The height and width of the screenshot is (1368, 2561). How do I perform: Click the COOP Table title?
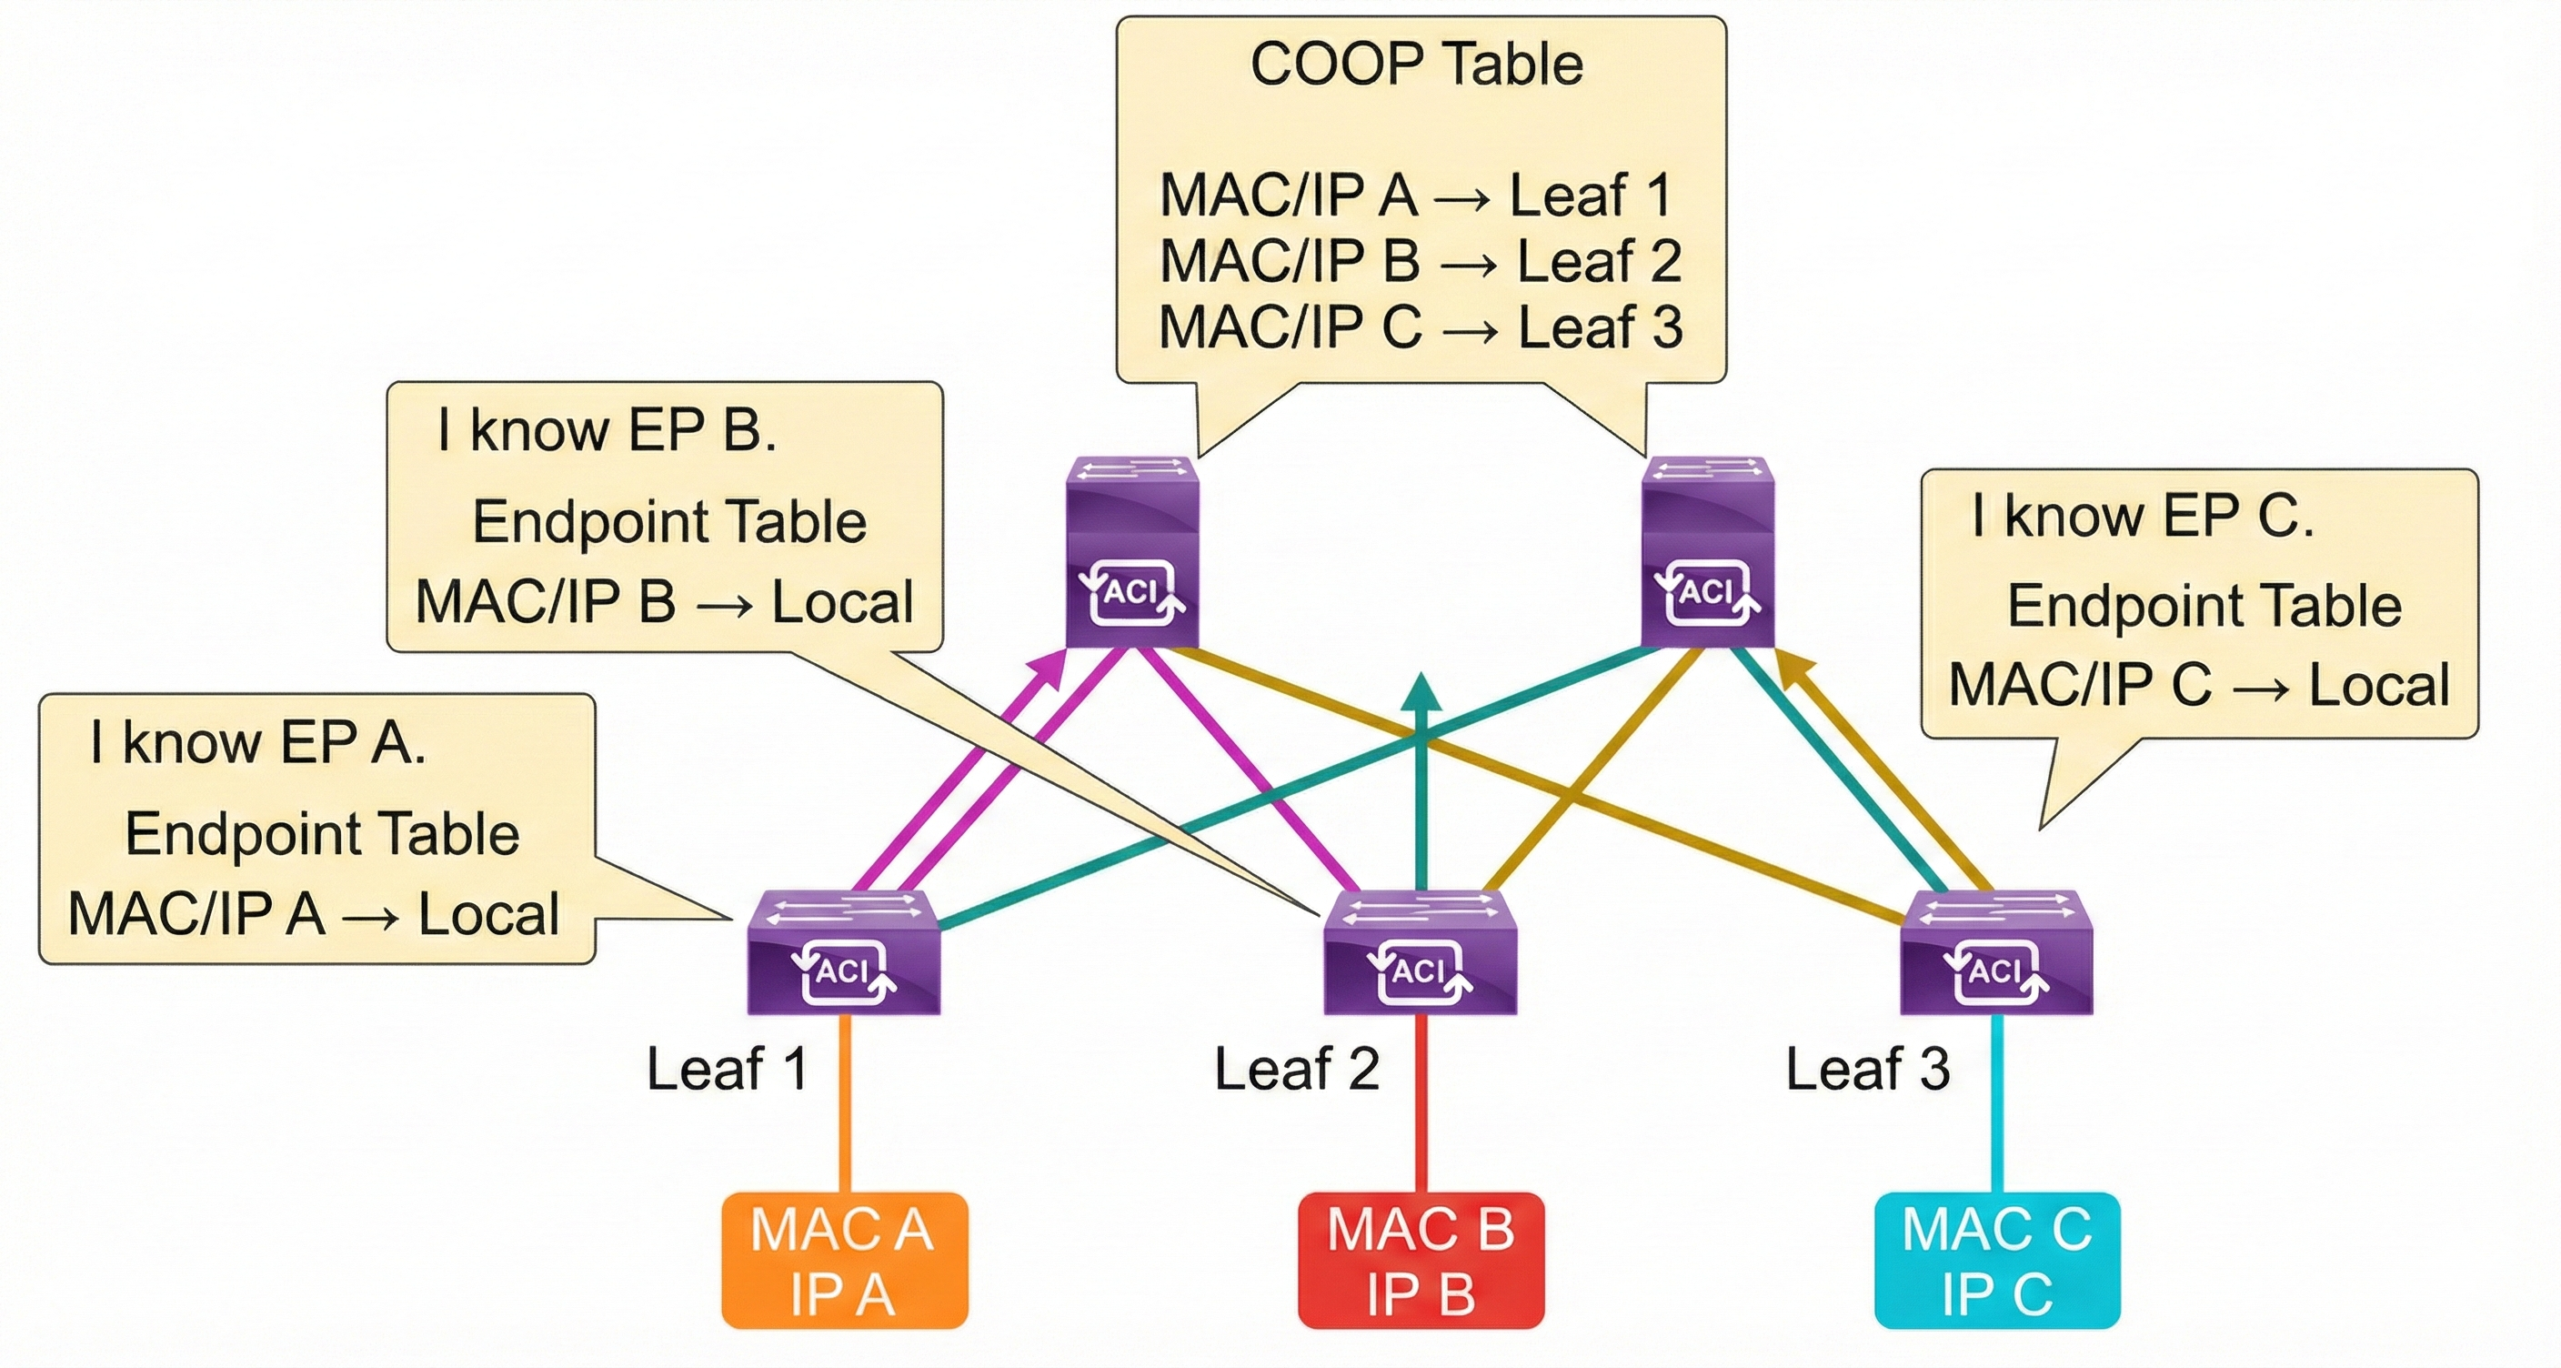point(1416,65)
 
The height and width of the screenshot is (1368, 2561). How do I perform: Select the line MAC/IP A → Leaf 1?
point(1416,195)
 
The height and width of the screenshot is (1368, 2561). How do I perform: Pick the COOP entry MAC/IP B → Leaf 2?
point(1420,261)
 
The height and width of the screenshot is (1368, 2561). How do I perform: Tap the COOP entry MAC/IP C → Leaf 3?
point(1420,328)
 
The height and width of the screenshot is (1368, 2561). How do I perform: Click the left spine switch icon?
point(1132,553)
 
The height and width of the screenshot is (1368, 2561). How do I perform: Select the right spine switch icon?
point(1707,553)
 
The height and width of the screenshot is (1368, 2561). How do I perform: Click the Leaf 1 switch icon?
point(843,952)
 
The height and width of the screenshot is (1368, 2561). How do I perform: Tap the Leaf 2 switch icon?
point(1420,952)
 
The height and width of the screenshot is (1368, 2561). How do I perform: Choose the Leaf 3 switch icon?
point(1996,952)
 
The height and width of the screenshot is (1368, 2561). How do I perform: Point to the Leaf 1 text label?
point(727,1070)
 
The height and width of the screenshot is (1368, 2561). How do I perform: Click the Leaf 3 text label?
point(1867,1070)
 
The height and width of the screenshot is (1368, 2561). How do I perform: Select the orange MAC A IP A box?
point(844,1261)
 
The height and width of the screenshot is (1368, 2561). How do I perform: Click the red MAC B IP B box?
point(1421,1261)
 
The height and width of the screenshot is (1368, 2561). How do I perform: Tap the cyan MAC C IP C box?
point(1997,1261)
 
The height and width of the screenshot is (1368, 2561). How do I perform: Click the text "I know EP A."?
point(257,742)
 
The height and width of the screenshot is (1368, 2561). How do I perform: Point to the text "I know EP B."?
point(607,430)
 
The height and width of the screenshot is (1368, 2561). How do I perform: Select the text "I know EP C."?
point(2143,516)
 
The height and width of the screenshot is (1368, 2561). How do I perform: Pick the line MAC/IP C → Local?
point(2199,685)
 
